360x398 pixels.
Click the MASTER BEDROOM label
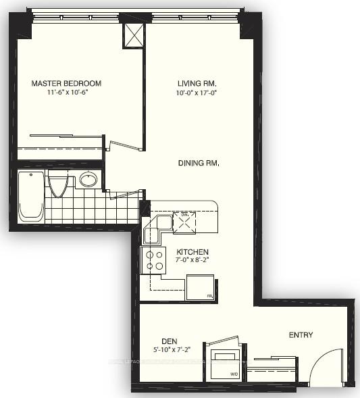[x=66, y=84]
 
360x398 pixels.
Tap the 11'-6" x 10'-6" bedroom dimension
[x=66, y=93]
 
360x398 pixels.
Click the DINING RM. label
[x=199, y=163]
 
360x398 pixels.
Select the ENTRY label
[x=300, y=335]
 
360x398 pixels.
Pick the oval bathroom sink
[x=88, y=180]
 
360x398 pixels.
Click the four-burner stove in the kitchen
[x=153, y=259]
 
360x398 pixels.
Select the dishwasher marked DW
[x=184, y=222]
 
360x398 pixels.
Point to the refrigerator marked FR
[x=201, y=288]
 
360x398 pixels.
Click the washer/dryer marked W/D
[x=224, y=363]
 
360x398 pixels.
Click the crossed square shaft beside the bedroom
[x=133, y=34]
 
